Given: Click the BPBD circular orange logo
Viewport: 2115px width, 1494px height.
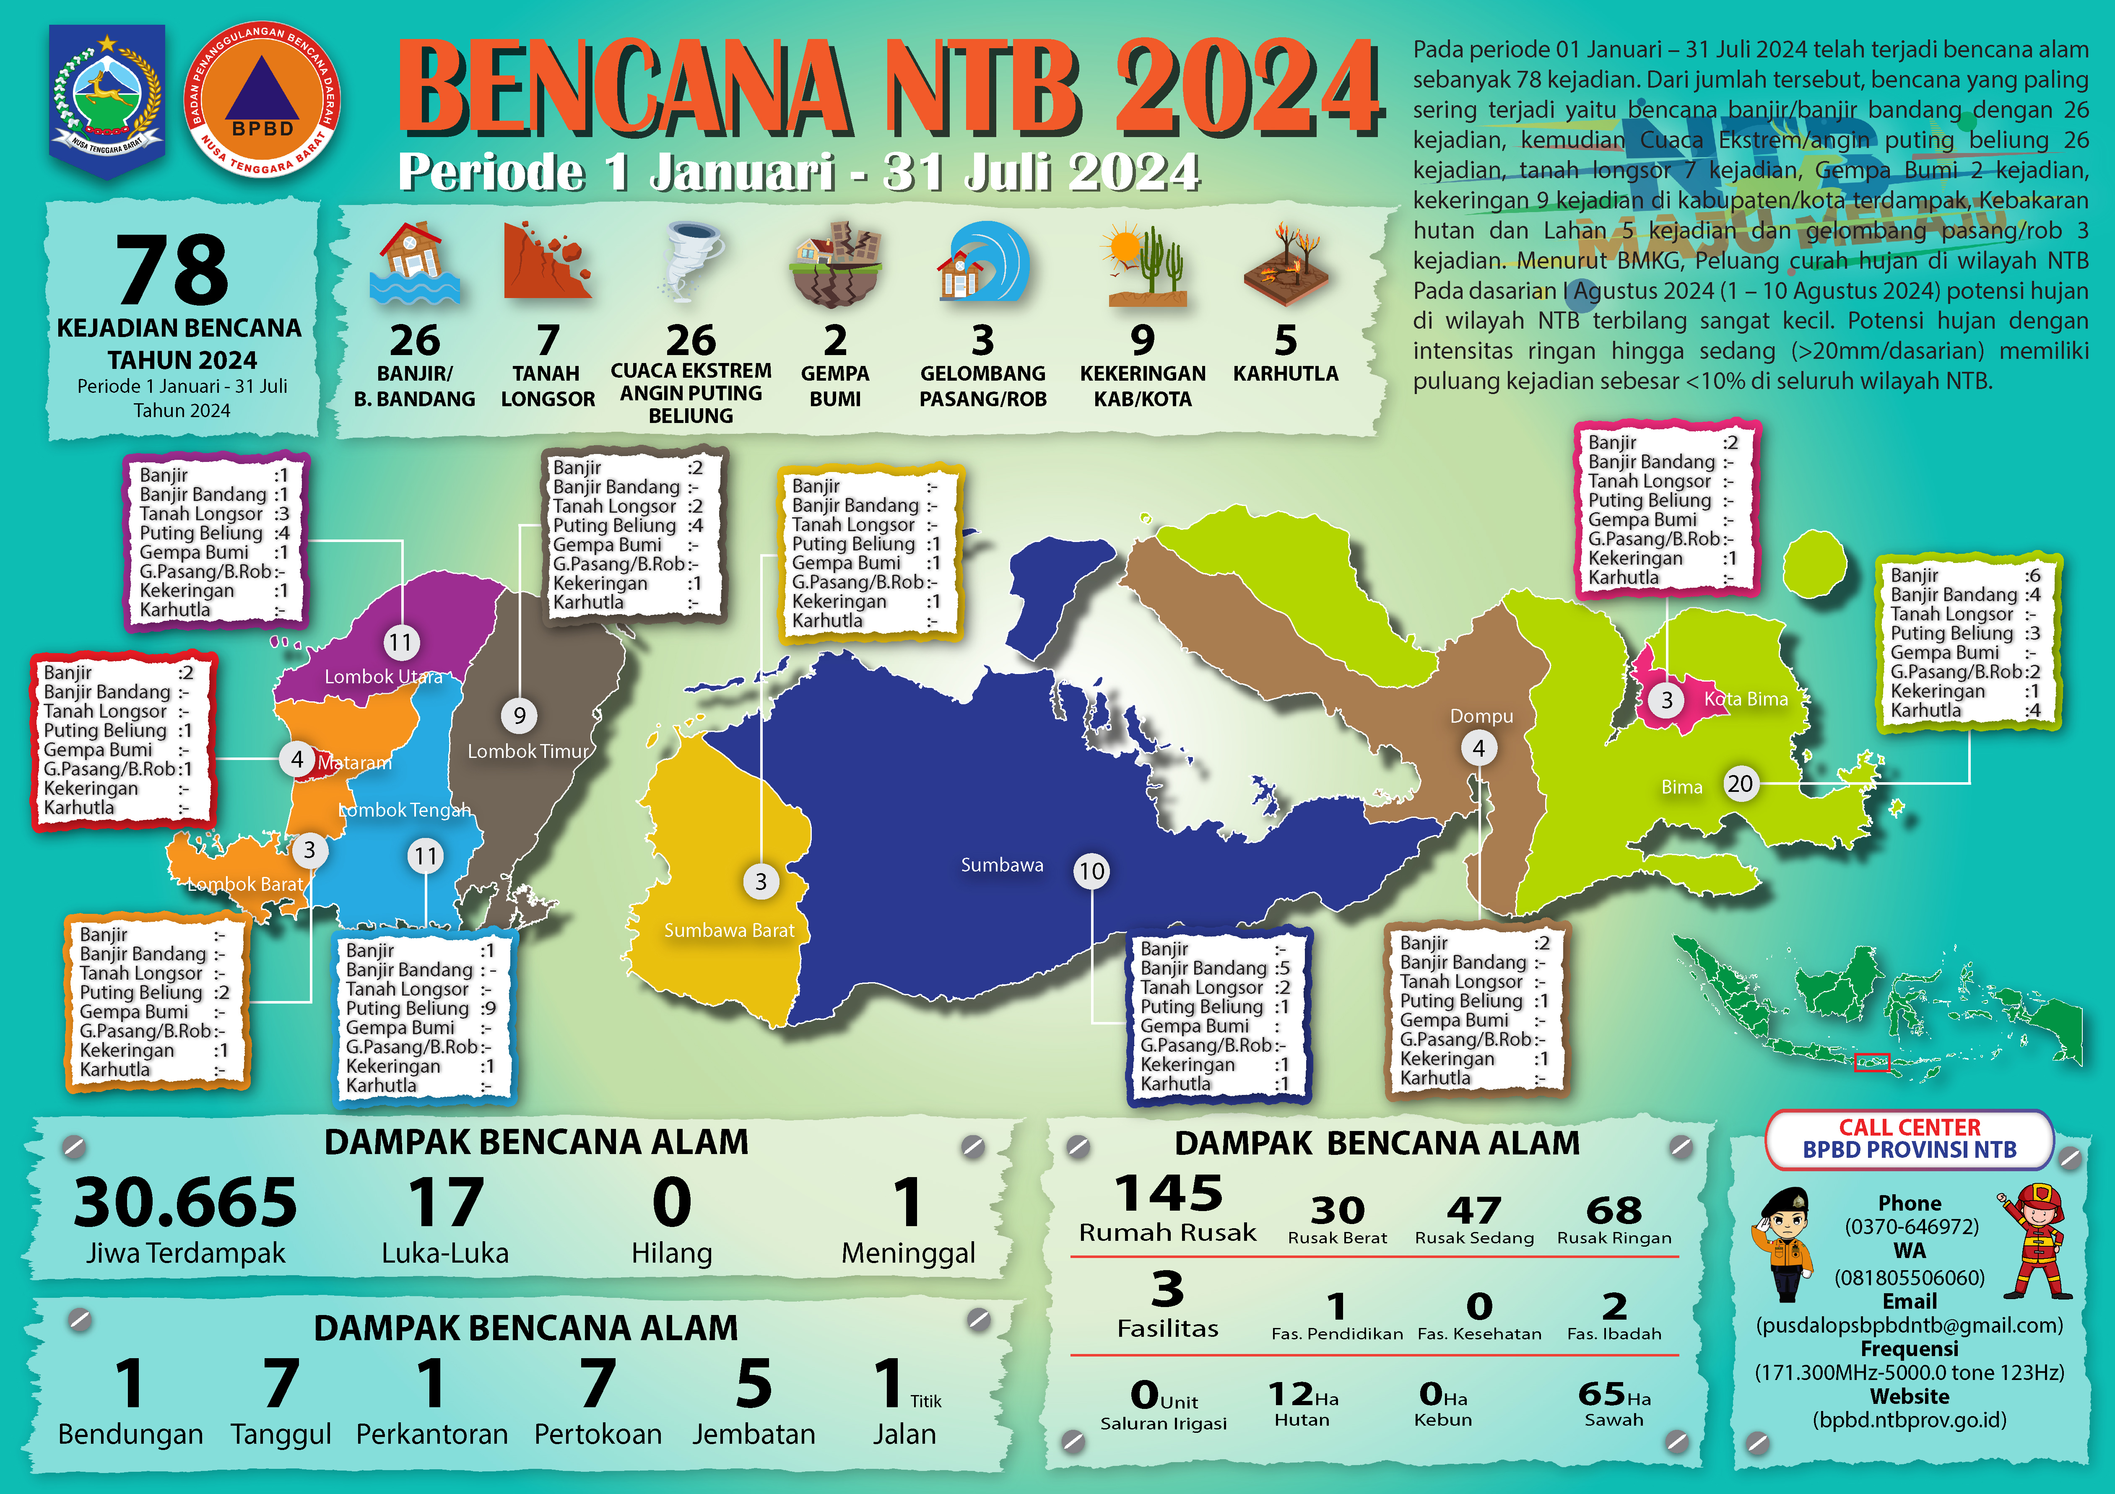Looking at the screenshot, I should [262, 101].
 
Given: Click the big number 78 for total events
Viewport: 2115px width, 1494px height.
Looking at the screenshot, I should [173, 270].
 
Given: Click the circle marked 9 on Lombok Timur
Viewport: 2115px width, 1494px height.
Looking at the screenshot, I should [520, 716].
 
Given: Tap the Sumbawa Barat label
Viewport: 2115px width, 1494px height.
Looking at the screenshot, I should [729, 930].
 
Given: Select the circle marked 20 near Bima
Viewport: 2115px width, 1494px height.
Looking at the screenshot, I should [1739, 784].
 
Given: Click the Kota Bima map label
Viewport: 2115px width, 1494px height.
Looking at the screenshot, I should [1746, 699].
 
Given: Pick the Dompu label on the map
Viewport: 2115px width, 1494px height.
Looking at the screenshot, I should [1481, 716].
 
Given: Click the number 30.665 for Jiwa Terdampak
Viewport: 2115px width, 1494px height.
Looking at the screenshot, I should [185, 1202].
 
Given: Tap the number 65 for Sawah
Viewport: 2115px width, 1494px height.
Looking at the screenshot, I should [1601, 1393].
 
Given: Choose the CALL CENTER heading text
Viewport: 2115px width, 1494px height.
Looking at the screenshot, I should [1910, 1127].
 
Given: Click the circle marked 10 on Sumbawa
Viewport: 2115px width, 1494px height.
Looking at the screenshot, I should [1091, 871].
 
